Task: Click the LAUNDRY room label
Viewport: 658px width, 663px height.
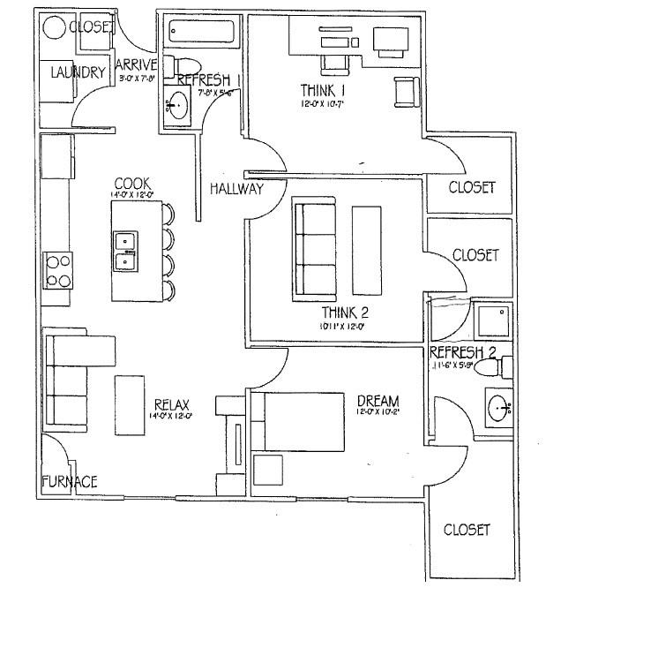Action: coord(78,72)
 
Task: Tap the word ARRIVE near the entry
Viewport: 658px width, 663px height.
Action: coord(136,64)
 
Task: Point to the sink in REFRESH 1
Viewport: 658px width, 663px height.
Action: coord(177,104)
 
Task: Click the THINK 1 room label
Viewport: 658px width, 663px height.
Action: coord(323,91)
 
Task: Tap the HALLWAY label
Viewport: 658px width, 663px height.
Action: coord(236,189)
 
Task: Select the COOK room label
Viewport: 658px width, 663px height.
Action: coord(131,185)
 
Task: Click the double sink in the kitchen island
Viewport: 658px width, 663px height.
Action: coord(125,250)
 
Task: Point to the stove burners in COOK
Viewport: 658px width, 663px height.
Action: coord(58,270)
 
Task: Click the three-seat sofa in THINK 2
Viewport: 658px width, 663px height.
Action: coord(313,249)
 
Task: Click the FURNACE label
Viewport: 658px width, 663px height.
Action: coord(69,481)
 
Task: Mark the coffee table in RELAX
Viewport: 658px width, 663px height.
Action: coord(129,404)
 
